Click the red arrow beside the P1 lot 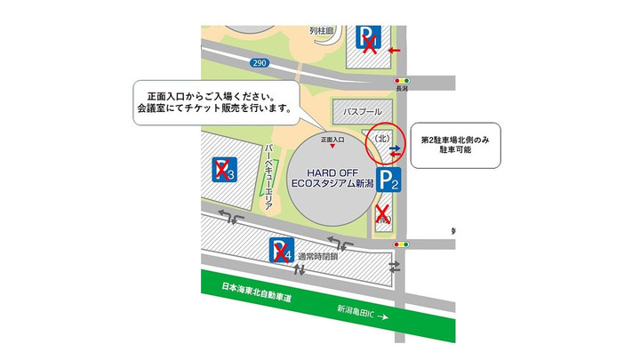point(395,50)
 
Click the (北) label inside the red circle point(382,138)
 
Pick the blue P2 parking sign point(391,180)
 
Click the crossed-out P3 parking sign point(223,170)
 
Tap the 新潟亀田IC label point(361,309)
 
